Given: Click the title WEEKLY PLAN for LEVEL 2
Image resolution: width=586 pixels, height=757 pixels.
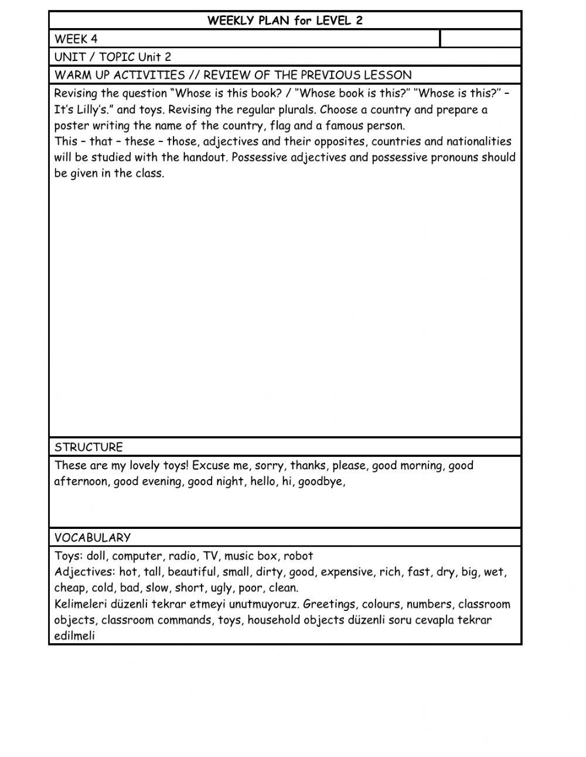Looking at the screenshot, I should pyautogui.click(x=285, y=21).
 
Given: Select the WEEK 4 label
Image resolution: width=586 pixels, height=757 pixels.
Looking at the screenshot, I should pyautogui.click(x=76, y=39).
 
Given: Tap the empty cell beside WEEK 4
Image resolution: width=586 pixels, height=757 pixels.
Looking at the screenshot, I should pyautogui.click(x=480, y=39).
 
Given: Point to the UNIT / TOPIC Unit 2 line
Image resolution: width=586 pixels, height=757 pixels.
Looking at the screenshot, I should pyautogui.click(x=113, y=57).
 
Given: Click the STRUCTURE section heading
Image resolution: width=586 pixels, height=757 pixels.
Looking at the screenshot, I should pyautogui.click(x=88, y=447).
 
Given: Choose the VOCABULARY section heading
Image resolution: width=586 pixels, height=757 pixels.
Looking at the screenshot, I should pyautogui.click(x=93, y=537).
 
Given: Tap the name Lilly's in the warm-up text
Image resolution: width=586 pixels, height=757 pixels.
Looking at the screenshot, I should pyautogui.click(x=94, y=110).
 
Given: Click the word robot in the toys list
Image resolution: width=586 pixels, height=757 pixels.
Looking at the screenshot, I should pyautogui.click(x=298, y=556).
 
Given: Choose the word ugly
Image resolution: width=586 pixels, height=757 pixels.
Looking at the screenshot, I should pyautogui.click(x=222, y=588).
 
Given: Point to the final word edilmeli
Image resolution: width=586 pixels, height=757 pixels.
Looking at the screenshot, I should pyautogui.click(x=74, y=636).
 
